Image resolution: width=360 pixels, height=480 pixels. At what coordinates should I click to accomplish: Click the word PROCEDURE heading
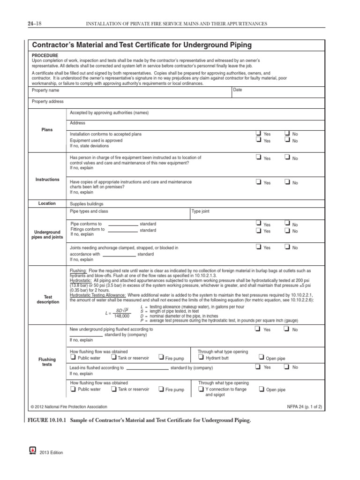(45, 55)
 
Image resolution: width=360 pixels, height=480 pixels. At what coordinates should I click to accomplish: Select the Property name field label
(45, 90)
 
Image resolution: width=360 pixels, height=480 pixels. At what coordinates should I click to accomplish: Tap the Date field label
(238, 90)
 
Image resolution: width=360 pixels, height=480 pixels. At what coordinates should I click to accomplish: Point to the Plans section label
(47, 130)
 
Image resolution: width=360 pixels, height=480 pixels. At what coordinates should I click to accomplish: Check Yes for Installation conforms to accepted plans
(258, 133)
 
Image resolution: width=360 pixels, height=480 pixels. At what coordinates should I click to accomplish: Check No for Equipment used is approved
(287, 140)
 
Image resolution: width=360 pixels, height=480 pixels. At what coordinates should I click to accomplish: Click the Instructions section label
(47, 180)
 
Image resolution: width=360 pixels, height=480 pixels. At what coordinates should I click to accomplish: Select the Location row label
(47, 203)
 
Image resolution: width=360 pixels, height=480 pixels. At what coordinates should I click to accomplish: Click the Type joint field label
(201, 211)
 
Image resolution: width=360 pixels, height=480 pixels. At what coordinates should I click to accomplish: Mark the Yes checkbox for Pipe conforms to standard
(258, 224)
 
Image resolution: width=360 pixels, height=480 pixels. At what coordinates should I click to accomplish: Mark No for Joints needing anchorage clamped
(287, 247)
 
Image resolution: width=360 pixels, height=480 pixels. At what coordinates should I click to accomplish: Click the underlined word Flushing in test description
(78, 271)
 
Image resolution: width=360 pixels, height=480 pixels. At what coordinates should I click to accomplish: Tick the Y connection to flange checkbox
(201, 389)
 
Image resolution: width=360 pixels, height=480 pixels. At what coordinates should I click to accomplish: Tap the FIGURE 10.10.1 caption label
(48, 420)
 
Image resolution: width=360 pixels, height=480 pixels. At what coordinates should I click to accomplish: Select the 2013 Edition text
(52, 452)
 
